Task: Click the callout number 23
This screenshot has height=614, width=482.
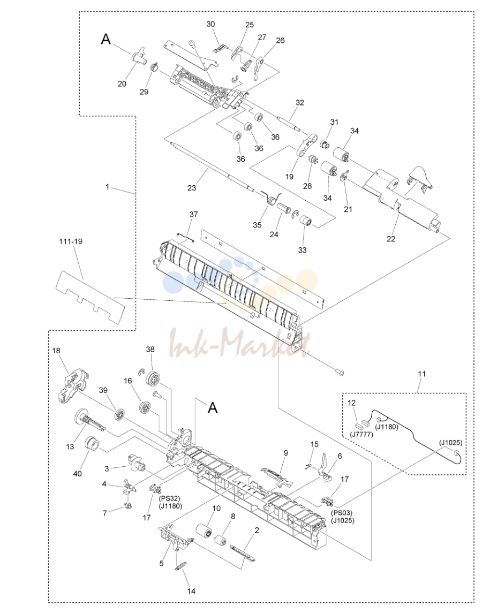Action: coord(192,187)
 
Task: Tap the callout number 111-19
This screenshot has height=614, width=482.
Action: coord(71,241)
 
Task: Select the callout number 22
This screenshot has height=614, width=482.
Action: coord(391,239)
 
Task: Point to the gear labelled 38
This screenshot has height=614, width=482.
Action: coord(152,380)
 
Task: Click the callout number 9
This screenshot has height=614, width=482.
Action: coord(285,453)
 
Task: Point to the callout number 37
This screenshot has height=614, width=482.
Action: coord(193,215)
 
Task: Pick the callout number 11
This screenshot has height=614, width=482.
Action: coord(421,374)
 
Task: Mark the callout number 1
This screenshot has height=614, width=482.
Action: coord(107,187)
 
